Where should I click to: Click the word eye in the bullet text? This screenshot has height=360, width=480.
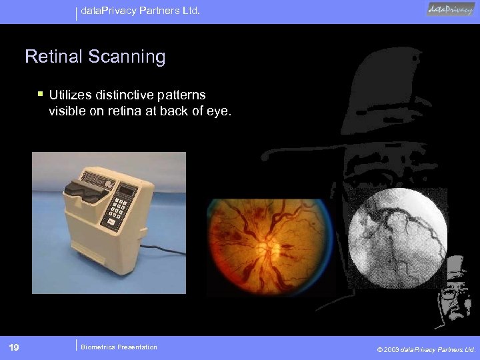point(220,111)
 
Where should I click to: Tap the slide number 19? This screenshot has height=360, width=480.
point(14,347)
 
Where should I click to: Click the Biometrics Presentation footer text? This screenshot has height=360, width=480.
point(119,347)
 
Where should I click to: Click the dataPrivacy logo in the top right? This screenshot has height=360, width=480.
point(451,9)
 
